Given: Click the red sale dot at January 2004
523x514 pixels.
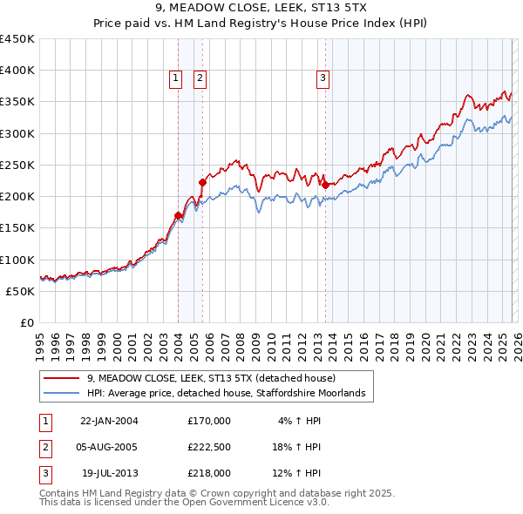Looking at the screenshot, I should point(178,215).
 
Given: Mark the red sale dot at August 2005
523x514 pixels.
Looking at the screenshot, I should point(202,182).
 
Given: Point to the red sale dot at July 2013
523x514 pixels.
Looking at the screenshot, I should point(325,185).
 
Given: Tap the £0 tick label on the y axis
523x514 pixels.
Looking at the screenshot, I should point(26,322).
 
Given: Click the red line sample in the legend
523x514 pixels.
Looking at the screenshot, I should point(62,378).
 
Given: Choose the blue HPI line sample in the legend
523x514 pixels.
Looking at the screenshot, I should point(62,394).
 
